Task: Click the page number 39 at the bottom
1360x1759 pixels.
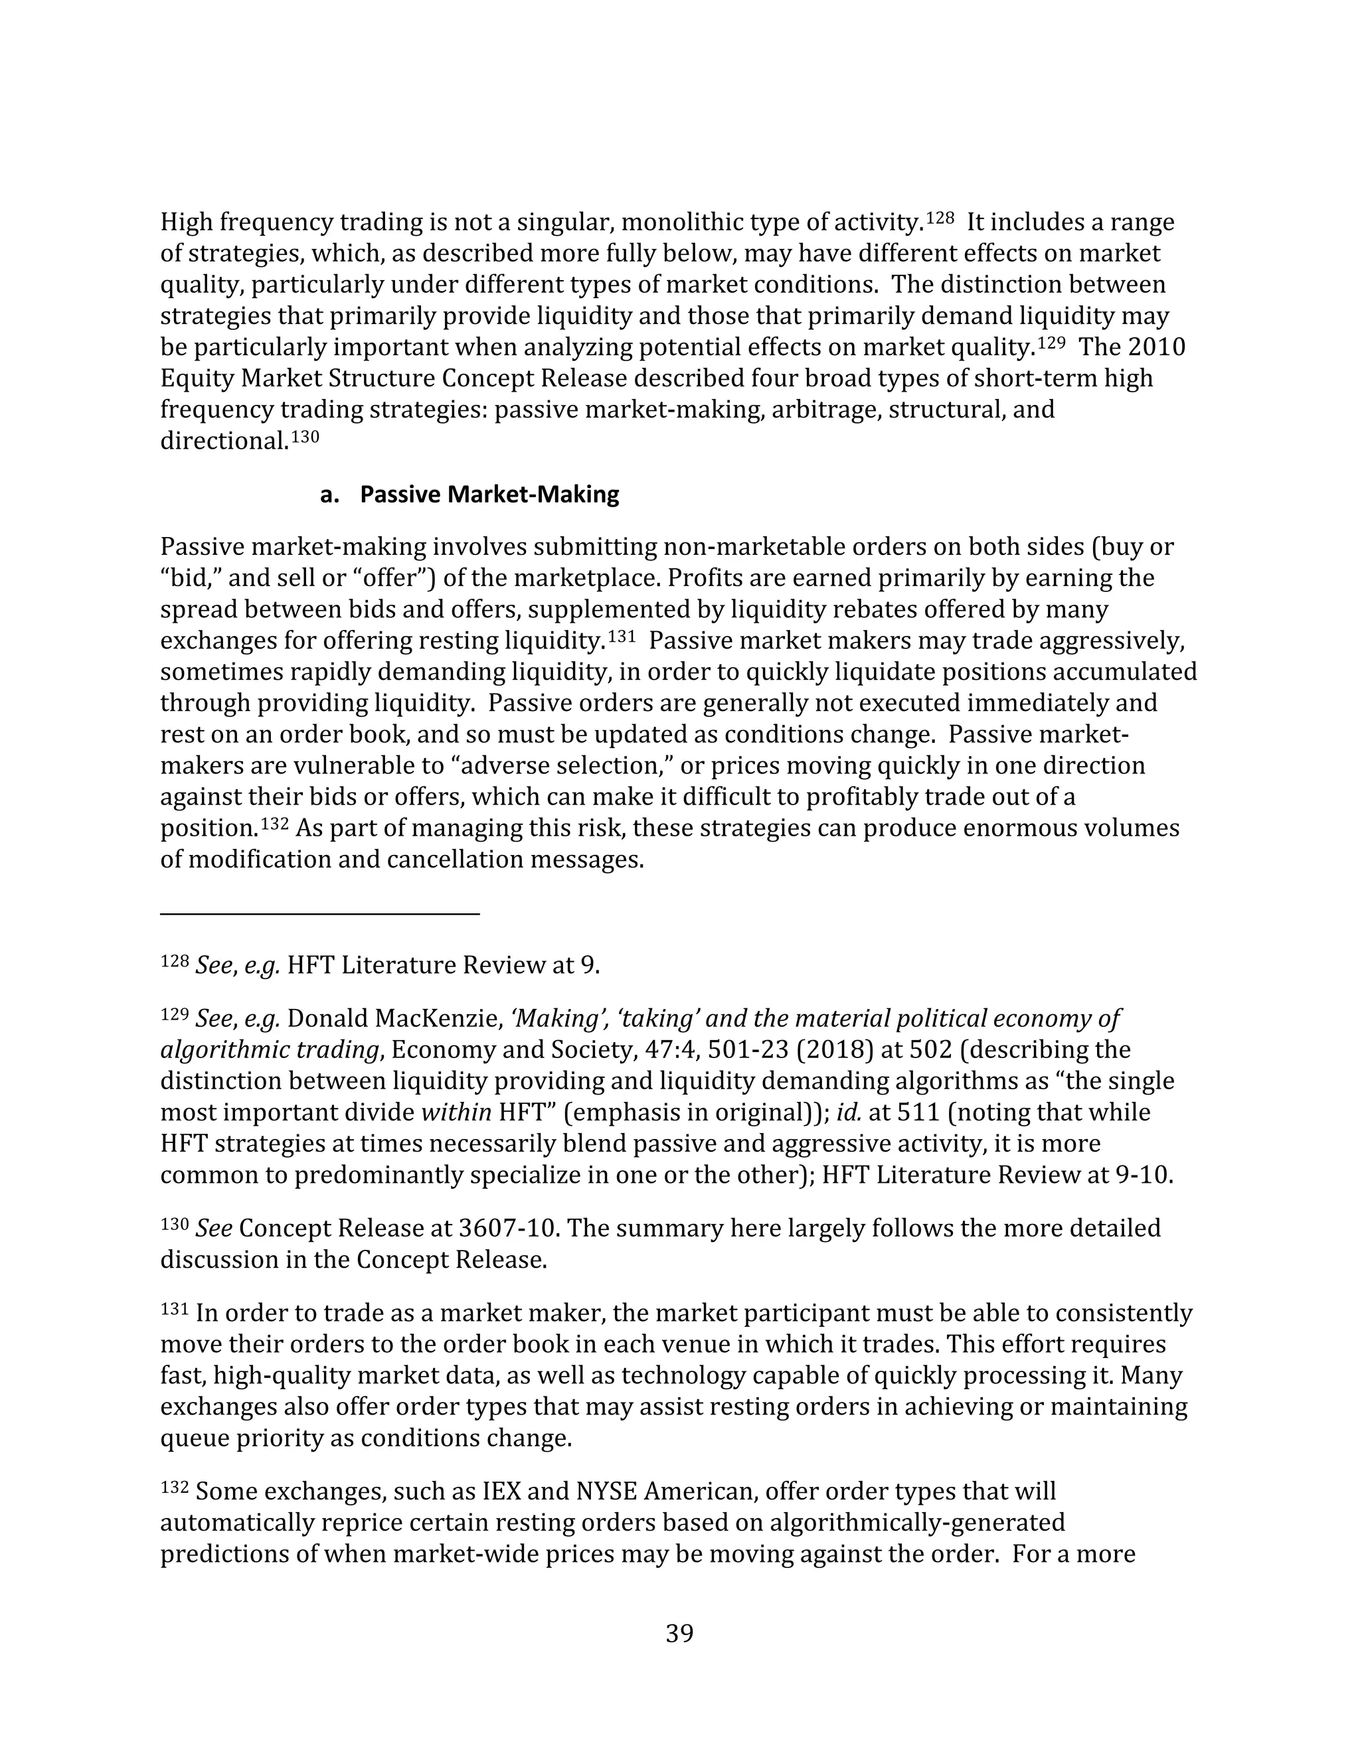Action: coord(679,1634)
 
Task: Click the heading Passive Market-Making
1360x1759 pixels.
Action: coord(489,494)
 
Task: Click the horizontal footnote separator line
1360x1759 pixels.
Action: coord(320,913)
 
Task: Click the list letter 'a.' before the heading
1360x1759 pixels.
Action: coord(329,494)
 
